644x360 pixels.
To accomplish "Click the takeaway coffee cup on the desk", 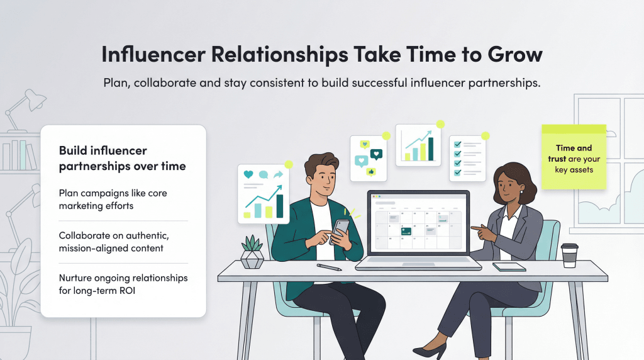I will coord(570,255).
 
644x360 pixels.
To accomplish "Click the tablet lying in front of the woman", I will coord(509,266).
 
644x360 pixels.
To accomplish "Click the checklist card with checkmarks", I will coord(467,158).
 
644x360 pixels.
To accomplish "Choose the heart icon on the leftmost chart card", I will coord(248,174).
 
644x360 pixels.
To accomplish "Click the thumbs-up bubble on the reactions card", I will coord(372,171).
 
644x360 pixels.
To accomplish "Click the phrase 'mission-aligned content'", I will coord(111,248).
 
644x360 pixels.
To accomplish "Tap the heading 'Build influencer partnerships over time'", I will coord(123,158).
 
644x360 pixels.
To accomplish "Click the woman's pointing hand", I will coord(480,233).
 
